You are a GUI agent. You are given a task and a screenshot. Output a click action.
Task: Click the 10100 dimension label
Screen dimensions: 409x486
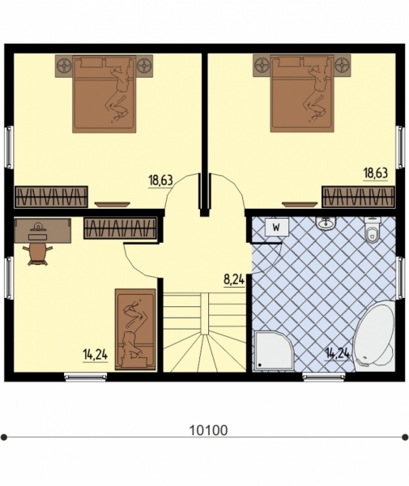(x=208, y=430)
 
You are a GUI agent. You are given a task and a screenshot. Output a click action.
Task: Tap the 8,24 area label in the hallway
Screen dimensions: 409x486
(x=234, y=279)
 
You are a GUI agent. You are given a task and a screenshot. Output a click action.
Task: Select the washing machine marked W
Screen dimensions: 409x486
(x=276, y=228)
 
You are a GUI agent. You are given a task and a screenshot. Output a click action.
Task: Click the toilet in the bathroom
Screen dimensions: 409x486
(x=372, y=230)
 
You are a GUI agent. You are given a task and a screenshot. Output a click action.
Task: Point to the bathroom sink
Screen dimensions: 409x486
(x=326, y=223)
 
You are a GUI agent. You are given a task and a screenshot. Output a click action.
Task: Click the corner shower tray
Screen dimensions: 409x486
(x=272, y=351)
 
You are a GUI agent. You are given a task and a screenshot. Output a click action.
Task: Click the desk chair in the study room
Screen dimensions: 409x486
(x=38, y=254)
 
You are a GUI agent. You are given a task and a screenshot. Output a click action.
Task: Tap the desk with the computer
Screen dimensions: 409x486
(x=42, y=231)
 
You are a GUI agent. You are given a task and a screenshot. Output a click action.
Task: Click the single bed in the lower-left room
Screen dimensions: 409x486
(x=135, y=330)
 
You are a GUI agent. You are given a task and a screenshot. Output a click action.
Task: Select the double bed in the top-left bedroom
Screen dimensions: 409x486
(x=104, y=94)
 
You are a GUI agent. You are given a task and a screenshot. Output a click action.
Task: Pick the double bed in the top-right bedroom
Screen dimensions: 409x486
(x=302, y=94)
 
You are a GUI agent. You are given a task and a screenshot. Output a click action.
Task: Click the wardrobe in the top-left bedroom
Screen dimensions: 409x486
(x=51, y=197)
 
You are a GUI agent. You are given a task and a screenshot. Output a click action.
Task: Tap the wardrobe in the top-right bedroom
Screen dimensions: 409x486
(x=359, y=197)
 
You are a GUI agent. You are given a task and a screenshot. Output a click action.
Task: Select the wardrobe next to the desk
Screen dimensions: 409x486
(x=120, y=228)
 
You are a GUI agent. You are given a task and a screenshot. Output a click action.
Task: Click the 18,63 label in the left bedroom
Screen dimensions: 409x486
(x=160, y=181)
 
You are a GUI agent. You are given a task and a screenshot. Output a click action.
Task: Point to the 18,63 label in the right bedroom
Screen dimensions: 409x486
(x=375, y=173)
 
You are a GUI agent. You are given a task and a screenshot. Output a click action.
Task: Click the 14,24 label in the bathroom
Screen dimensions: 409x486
(x=338, y=353)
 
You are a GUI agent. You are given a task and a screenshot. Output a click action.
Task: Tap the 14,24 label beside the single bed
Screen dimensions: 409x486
(x=95, y=355)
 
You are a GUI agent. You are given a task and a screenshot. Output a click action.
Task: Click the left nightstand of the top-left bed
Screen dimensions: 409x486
(x=64, y=66)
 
